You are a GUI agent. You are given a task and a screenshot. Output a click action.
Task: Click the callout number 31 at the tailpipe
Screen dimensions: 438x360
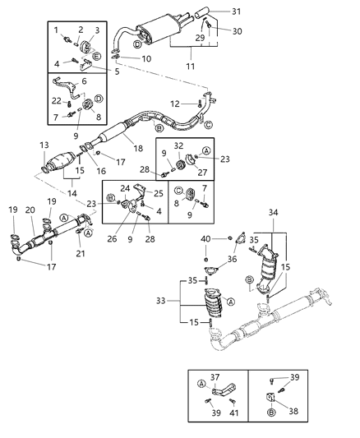pos(237,11)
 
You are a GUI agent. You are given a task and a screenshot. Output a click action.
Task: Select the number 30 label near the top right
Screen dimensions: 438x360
pos(238,31)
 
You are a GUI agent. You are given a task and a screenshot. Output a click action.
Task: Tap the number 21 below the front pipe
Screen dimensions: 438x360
pos(81,254)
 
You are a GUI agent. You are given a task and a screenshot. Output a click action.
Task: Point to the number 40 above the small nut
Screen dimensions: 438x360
pos(205,240)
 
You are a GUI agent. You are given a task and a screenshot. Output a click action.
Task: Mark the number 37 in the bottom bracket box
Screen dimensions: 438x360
pos(215,377)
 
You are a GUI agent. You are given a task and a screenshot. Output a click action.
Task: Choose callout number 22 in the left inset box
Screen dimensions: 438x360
pos(56,101)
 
